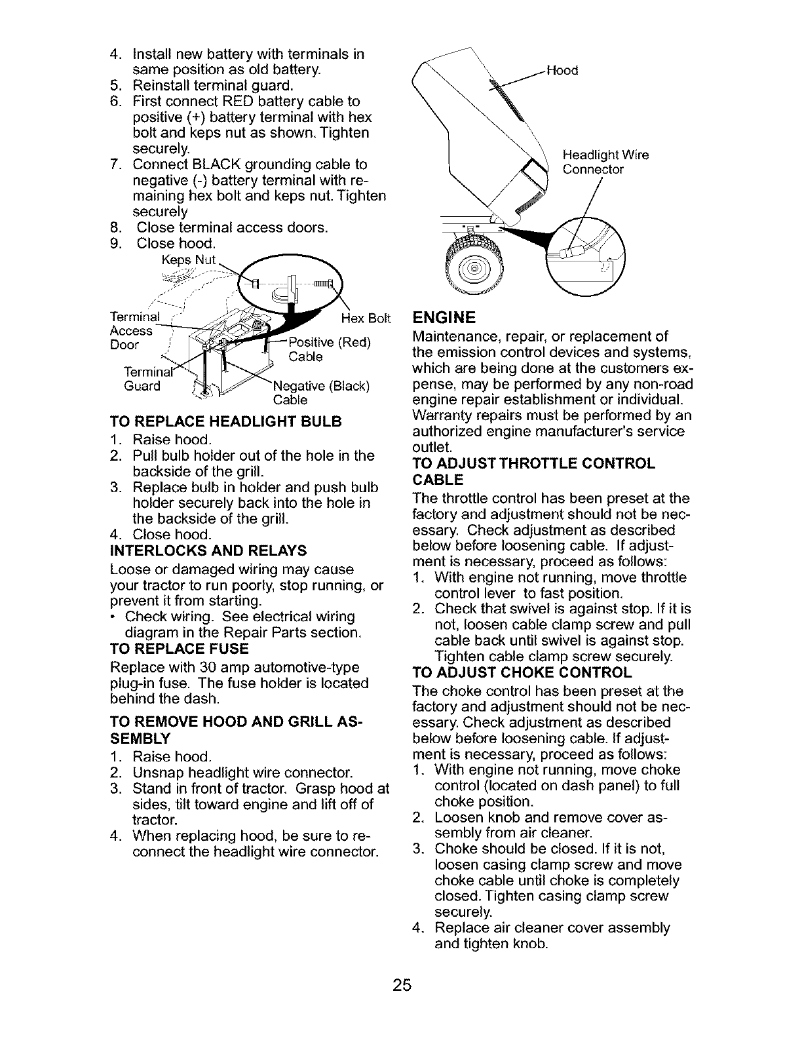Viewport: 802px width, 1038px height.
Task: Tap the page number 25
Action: pyautogui.click(x=400, y=986)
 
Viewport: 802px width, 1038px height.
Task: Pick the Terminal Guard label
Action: pyautogui.click(x=143, y=379)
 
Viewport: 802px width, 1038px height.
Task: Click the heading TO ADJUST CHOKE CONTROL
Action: pyautogui.click(x=523, y=673)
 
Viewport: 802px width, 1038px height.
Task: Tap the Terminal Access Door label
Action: pyautogui.click(x=133, y=331)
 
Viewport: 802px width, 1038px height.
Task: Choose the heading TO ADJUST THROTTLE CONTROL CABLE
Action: pyautogui.click(x=533, y=471)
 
